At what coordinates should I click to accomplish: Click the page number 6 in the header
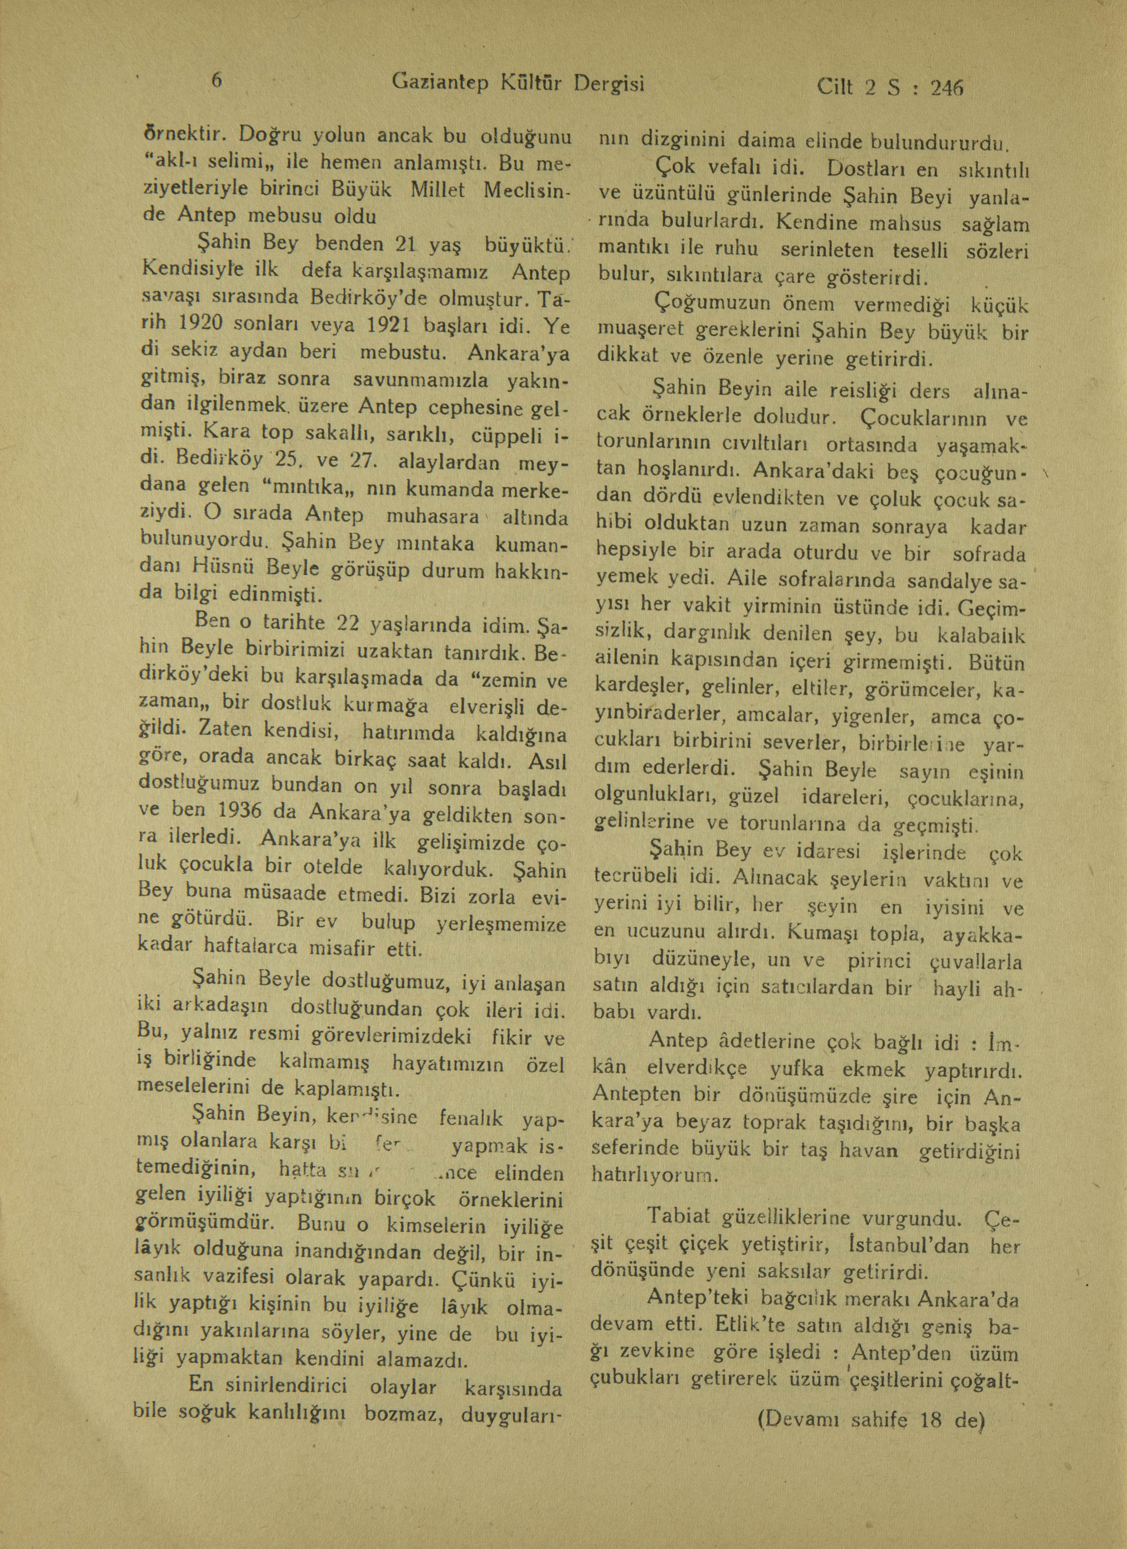[216, 80]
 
